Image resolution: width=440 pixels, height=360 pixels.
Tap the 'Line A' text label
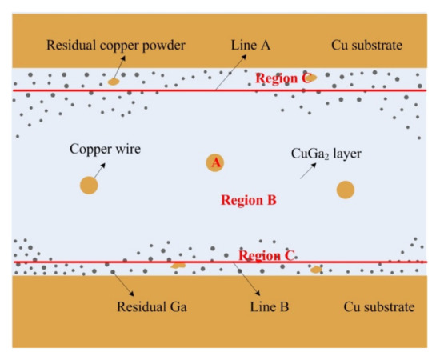pos(250,46)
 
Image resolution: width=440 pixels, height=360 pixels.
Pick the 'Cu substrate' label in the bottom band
pos(378,307)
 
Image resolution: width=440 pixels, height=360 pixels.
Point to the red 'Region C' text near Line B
pos(267,256)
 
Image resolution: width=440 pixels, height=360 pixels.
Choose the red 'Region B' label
pos(248,200)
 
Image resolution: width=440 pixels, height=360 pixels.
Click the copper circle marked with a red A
pos(214,163)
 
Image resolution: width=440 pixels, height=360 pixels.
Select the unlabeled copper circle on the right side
pos(345,190)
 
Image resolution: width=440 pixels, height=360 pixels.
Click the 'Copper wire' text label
pos(105,149)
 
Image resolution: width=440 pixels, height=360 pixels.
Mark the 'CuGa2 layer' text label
pos(326,150)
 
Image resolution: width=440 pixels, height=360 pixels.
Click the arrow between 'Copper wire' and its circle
pos(99,169)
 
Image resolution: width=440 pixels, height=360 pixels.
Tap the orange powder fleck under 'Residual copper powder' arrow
pos(115,81)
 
